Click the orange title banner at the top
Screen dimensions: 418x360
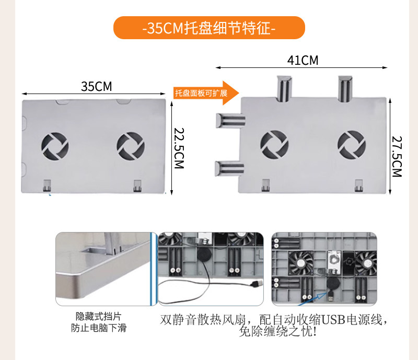pyautogui.click(x=209, y=28)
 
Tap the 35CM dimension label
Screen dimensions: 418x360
pyautogui.click(x=96, y=86)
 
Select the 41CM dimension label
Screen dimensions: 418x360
pyautogui.click(x=303, y=60)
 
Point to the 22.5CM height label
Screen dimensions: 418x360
pyautogui.click(x=179, y=148)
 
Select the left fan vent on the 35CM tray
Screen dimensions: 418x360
pyautogui.click(x=54, y=146)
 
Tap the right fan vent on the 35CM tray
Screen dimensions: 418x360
pyautogui.click(x=130, y=146)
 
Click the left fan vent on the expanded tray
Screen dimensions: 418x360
pyautogui.click(x=274, y=144)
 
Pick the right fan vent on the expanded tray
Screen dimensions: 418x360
pyautogui.click(x=351, y=144)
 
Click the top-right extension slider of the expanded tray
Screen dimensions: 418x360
pyautogui.click(x=345, y=89)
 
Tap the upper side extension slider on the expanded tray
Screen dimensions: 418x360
pyautogui.click(x=229, y=121)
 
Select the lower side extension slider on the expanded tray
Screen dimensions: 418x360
pyautogui.click(x=228, y=168)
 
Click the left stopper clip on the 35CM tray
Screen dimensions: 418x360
pyautogui.click(x=47, y=185)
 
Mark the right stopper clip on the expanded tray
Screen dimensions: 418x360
pyautogui.click(x=358, y=185)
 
